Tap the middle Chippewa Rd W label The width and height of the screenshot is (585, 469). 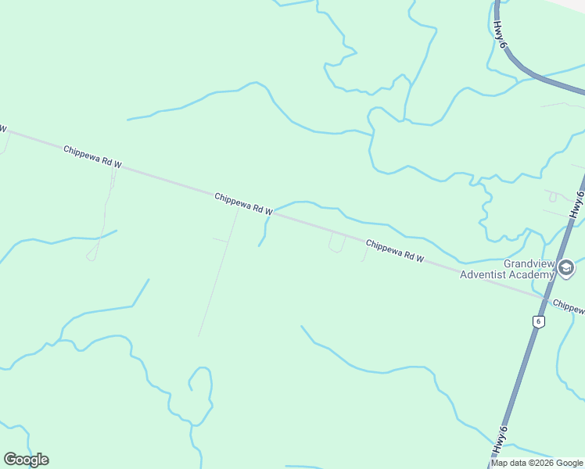[x=243, y=204]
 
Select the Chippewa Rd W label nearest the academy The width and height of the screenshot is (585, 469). [x=395, y=251]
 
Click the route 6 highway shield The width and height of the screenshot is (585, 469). [x=538, y=321]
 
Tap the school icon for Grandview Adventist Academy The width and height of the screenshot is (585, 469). [x=566, y=270]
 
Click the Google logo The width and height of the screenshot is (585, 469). [x=26, y=460]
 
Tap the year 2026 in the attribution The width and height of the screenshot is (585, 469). [x=543, y=463]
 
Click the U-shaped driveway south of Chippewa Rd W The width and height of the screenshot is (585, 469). [x=337, y=243]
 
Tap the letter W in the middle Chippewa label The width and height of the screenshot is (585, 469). [x=267, y=211]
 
